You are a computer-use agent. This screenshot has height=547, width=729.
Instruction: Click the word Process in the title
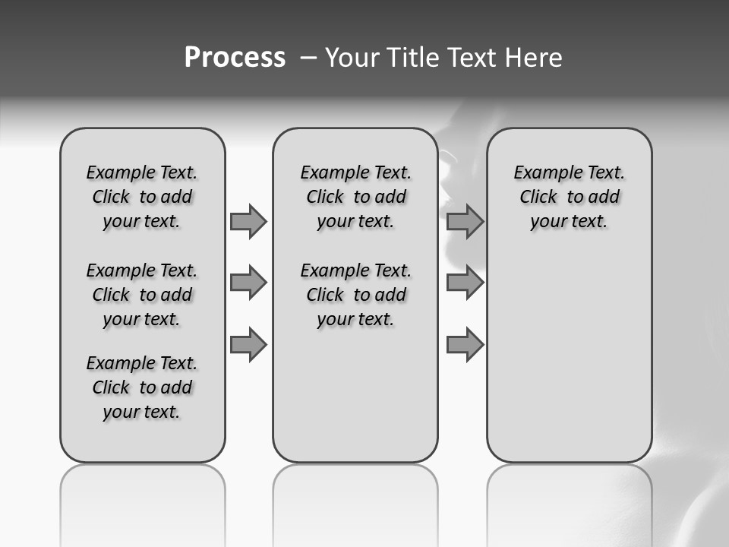[x=235, y=58]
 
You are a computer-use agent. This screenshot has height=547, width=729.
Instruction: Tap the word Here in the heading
[x=535, y=58]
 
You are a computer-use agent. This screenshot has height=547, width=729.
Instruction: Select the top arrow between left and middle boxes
[x=248, y=221]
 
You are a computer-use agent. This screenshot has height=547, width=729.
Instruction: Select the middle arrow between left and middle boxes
[x=248, y=283]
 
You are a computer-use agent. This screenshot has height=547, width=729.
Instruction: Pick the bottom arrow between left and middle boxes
[x=248, y=345]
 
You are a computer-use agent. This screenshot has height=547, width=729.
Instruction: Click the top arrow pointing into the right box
[x=465, y=221]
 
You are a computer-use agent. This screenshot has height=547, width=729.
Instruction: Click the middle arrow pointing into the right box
[x=465, y=283]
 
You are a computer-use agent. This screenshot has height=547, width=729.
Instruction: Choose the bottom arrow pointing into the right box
[x=465, y=345]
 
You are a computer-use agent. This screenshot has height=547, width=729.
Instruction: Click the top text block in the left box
[x=142, y=197]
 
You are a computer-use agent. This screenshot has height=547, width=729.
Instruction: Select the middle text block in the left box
[x=142, y=295]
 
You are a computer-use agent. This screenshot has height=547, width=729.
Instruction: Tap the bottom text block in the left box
[x=142, y=387]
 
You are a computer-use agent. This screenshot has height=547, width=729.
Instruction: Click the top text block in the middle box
[x=355, y=197]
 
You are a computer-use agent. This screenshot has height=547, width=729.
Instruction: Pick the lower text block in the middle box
[x=355, y=295]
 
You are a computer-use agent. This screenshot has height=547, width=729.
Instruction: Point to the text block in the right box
[x=569, y=197]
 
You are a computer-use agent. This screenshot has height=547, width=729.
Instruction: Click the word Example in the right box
[x=541, y=173]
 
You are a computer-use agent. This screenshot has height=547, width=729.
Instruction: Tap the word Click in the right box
[x=538, y=198]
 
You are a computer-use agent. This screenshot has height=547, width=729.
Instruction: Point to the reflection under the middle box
[x=355, y=501]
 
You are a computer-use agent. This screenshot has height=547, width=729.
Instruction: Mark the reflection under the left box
[x=143, y=501]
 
